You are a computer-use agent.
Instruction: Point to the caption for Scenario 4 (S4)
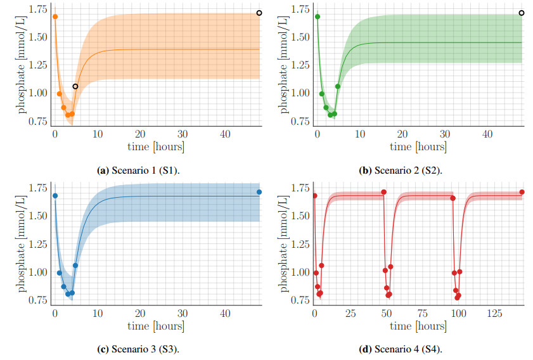coord(401,349)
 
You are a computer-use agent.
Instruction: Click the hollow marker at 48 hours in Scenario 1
coord(259,13)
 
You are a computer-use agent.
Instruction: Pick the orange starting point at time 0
coord(55,16)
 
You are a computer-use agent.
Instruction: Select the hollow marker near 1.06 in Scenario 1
coord(75,86)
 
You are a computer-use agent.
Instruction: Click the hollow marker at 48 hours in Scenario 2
coord(522,13)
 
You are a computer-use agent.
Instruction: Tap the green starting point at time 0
coord(318,16)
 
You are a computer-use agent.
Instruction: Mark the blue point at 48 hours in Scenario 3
coord(259,192)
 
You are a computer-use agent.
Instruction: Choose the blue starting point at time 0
coord(55,196)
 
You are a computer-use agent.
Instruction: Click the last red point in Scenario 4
coord(522,192)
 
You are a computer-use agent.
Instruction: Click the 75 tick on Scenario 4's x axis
coord(423,314)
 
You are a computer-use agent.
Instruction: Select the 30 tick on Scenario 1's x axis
coord(183,134)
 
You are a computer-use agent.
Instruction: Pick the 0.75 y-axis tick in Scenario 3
coord(36,300)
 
